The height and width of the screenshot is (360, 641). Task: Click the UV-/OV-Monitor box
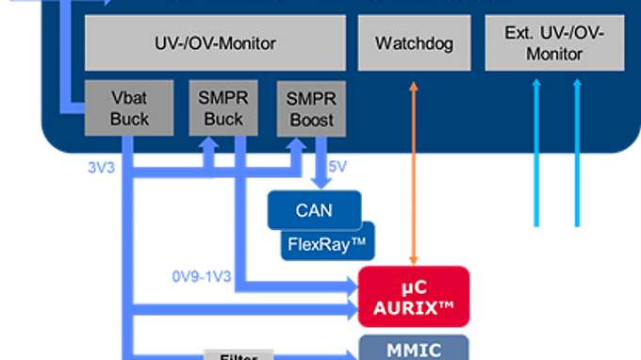216,42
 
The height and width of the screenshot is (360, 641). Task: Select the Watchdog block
413,42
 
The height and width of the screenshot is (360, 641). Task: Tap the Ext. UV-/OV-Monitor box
553,42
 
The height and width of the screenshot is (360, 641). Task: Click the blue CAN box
314,209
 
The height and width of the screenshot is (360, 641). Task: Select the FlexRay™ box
328,242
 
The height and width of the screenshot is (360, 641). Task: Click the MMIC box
414,349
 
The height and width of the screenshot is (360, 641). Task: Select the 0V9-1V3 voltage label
201,276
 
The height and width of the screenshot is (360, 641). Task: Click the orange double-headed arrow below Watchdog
413,170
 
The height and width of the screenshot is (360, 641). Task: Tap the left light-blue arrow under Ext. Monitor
537,151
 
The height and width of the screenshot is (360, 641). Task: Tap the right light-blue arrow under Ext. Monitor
579,151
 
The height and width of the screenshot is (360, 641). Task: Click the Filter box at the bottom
238,355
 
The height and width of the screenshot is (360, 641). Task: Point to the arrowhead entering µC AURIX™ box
349,282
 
